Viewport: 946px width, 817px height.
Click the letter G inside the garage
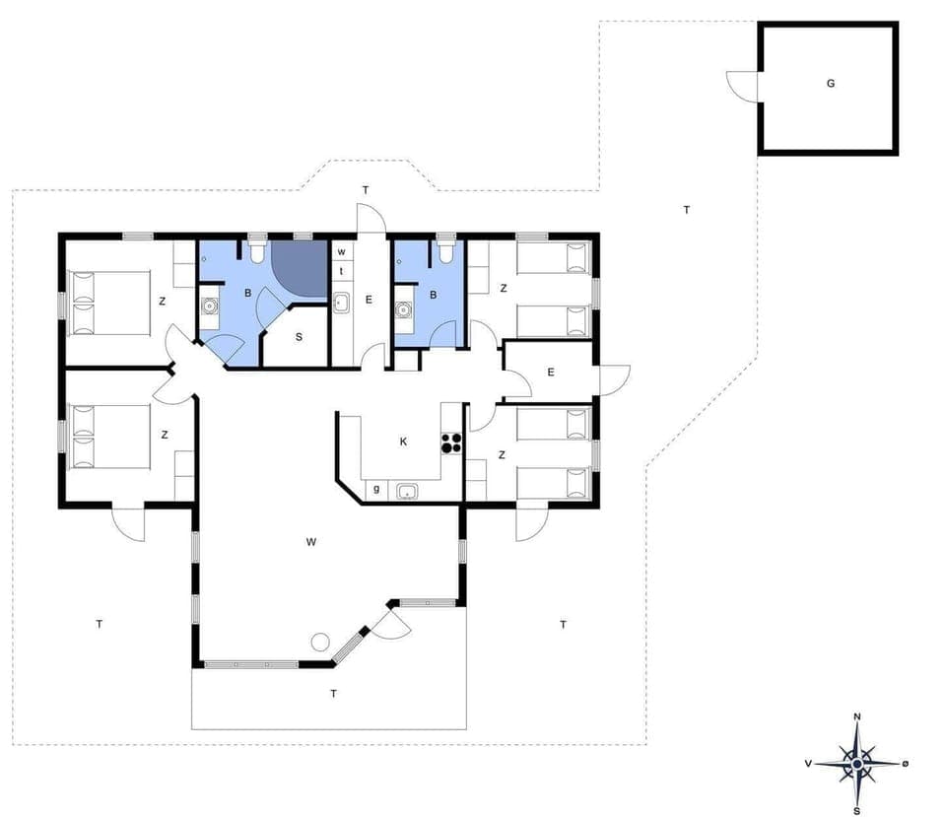[x=830, y=84]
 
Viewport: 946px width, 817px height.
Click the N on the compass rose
[x=857, y=716]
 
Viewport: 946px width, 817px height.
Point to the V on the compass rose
[x=808, y=764]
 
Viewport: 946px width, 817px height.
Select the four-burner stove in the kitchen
[x=451, y=443]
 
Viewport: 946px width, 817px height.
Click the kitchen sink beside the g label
[x=407, y=490]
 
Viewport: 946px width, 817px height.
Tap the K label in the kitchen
[x=403, y=442]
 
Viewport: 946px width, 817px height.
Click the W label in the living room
[x=310, y=541]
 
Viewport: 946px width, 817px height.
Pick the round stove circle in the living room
[x=319, y=642]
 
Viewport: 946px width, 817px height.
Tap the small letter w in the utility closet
[x=341, y=252]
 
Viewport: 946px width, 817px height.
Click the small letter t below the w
[x=341, y=270]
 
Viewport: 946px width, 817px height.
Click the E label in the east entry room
[x=551, y=372]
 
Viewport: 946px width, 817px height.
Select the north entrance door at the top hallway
[x=372, y=219]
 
